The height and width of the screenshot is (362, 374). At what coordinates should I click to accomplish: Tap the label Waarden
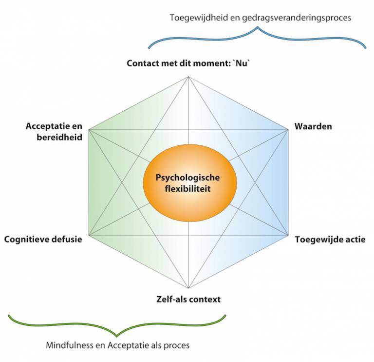[313, 127]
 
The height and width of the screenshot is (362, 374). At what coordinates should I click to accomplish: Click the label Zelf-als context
[188, 299]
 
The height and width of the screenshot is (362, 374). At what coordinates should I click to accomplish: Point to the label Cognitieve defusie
[43, 239]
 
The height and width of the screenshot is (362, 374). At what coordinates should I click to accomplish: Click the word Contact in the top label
[142, 63]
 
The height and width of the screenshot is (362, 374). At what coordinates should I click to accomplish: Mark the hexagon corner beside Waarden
[286, 129]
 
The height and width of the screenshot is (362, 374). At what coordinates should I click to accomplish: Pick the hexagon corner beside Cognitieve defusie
[89, 236]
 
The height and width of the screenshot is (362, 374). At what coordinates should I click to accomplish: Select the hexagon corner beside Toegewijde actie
[286, 236]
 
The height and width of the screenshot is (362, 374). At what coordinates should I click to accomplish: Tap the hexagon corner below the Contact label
[188, 77]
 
